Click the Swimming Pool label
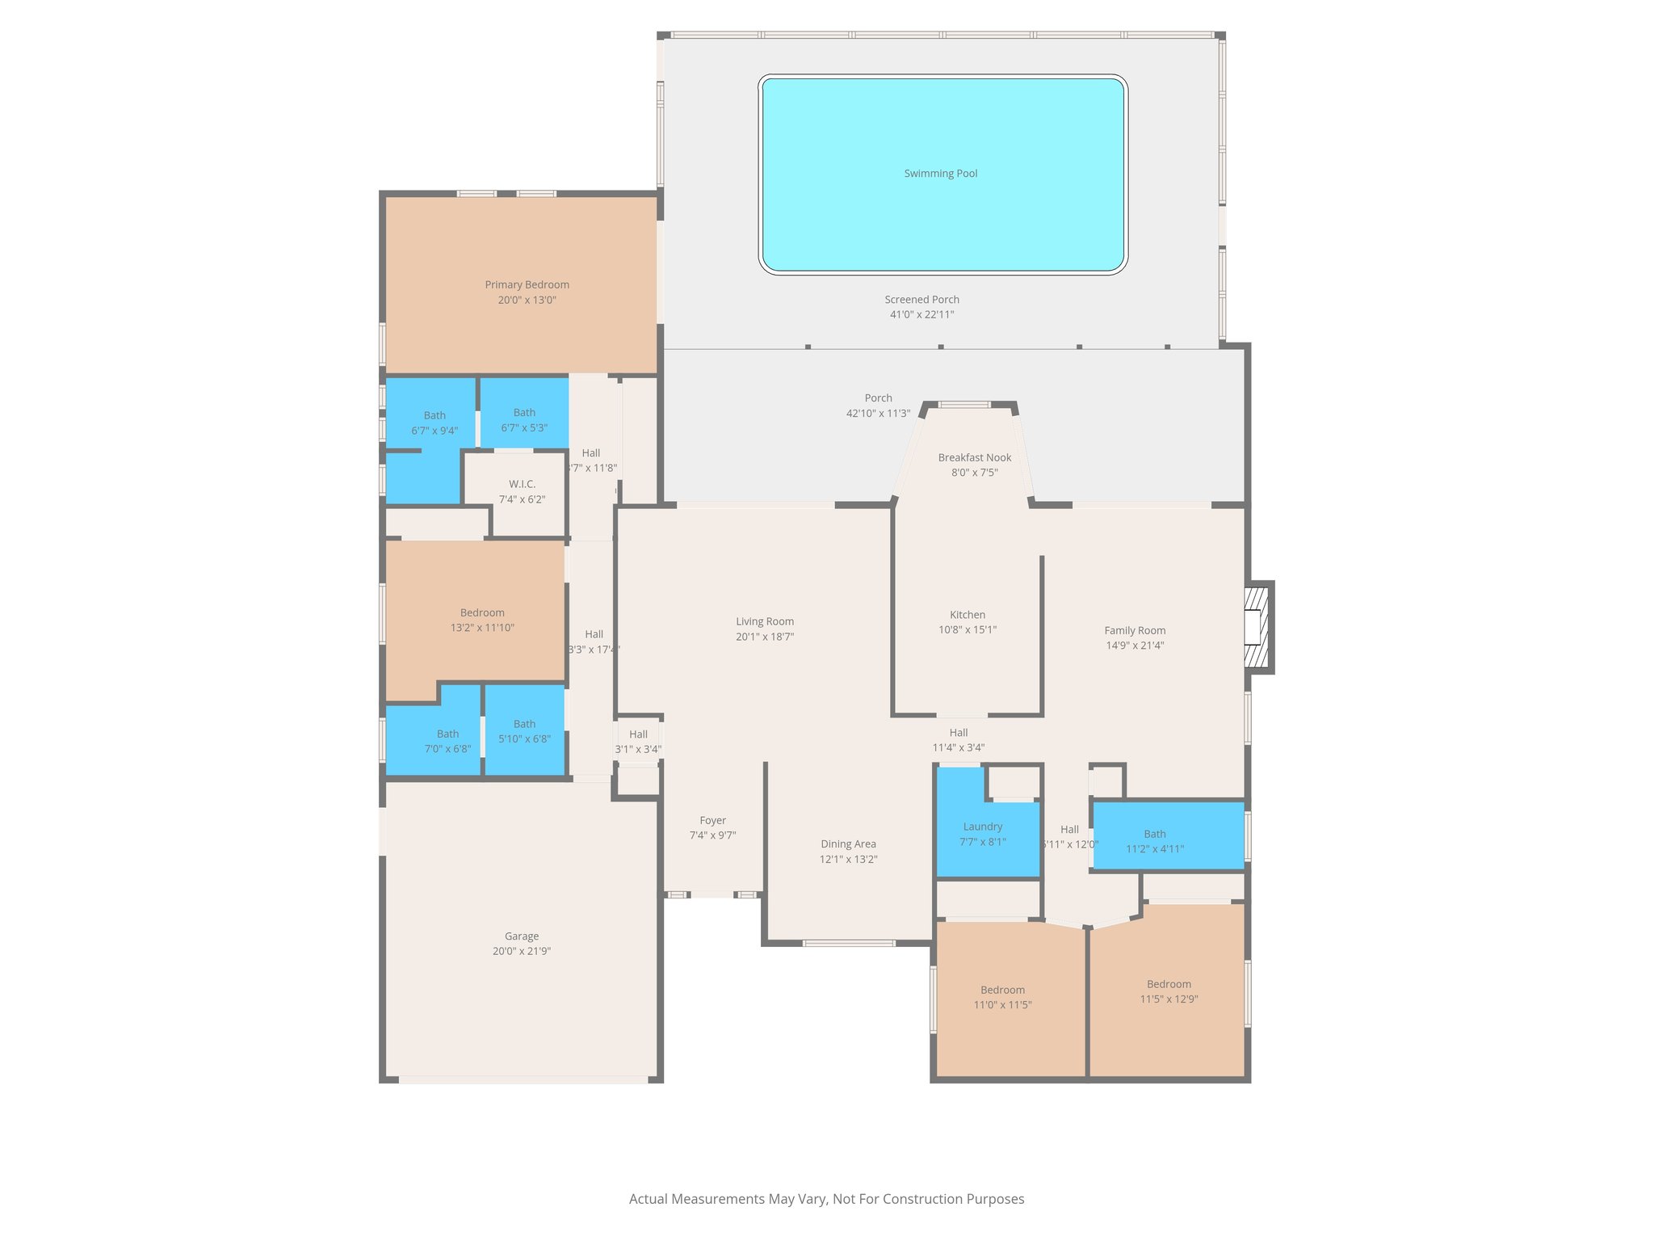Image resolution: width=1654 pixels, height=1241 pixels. [940, 174]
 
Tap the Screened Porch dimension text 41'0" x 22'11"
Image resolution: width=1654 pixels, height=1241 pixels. [921, 315]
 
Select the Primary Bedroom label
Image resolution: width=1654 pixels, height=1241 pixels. [527, 285]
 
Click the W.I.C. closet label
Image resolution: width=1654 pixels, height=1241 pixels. [522, 485]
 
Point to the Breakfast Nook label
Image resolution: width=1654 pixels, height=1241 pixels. [974, 458]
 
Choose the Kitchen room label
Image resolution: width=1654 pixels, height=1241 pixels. [967, 615]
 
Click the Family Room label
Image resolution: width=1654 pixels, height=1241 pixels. [1135, 631]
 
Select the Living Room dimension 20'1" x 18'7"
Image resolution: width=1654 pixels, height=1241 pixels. [764, 637]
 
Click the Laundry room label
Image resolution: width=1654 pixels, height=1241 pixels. [982, 827]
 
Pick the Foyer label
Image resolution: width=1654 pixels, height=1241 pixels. [712, 821]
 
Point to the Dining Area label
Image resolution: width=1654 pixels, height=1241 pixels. [848, 844]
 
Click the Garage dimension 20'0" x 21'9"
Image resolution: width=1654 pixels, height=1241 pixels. [521, 952]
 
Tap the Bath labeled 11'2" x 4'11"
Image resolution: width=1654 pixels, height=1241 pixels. [1154, 841]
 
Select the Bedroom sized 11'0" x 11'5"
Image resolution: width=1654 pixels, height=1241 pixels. [1002, 998]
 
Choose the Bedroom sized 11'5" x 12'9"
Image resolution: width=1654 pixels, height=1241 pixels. [1169, 991]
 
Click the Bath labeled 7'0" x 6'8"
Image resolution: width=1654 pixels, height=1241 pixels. [447, 742]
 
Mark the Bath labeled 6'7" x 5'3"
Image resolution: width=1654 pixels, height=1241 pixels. [524, 420]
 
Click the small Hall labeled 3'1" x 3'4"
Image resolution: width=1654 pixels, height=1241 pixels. [638, 742]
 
